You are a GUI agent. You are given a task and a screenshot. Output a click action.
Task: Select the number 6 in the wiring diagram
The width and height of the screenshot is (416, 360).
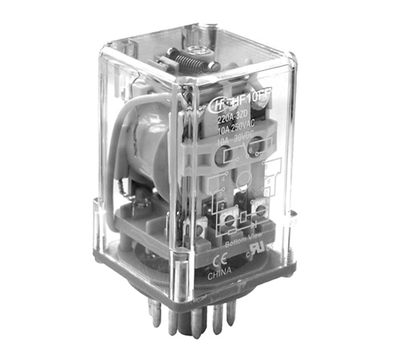click(x=250, y=148)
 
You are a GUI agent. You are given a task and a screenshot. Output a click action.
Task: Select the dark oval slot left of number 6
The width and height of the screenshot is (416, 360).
click(x=226, y=155)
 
